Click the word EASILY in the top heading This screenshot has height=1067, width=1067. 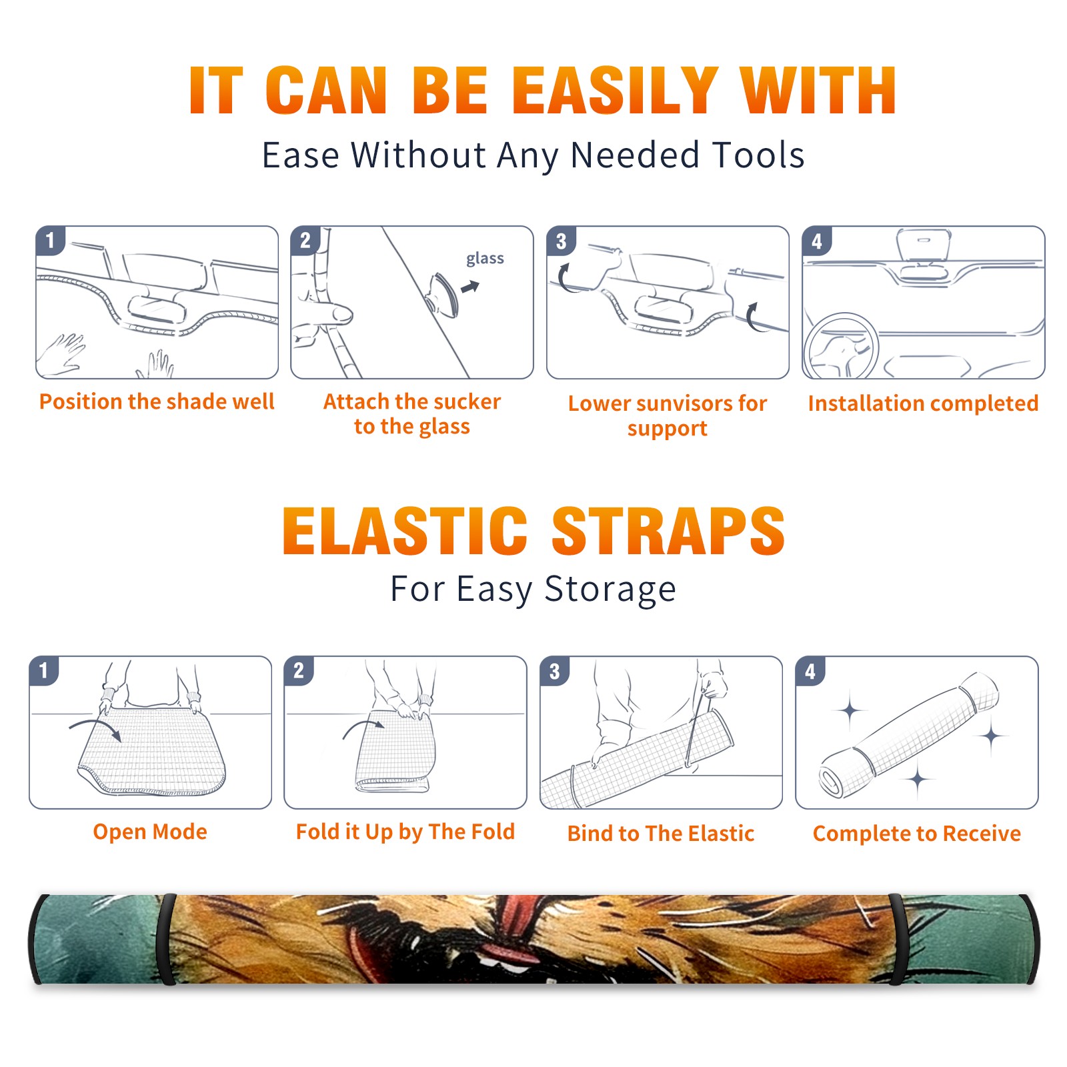tap(614, 91)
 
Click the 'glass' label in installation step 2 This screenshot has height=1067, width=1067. tap(485, 259)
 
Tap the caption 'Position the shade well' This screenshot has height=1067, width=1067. tap(157, 401)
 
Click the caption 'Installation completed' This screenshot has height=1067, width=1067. tap(923, 403)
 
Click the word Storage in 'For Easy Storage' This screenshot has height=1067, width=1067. tap(610, 590)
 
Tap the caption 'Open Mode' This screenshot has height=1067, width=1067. tap(150, 832)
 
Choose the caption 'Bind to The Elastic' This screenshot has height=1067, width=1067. tap(661, 834)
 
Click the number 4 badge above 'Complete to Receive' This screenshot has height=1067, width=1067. tap(810, 671)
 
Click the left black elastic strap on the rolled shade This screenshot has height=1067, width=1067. tap(166, 940)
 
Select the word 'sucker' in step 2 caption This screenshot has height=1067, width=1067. tap(466, 401)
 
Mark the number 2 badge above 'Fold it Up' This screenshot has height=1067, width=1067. tap(299, 671)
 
